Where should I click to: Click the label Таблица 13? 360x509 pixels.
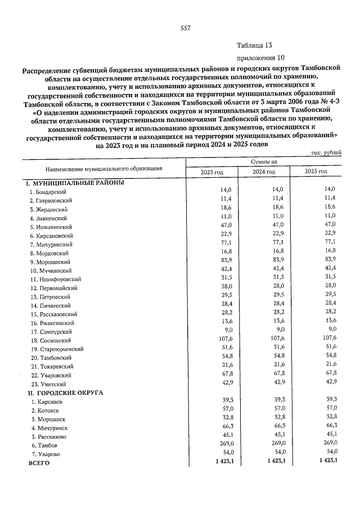click(254, 46)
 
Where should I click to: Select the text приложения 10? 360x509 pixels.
click(259, 58)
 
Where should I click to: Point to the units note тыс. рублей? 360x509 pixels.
click(325, 153)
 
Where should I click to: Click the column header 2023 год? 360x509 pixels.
click(212, 172)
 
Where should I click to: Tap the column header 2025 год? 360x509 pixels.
click(316, 172)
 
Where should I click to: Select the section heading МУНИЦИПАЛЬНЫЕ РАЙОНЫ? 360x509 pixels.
click(78, 183)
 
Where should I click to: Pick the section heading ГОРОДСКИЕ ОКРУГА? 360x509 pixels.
click(70, 393)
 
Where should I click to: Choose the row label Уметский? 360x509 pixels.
click(47, 383)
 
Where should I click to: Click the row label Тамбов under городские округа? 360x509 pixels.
click(44, 445)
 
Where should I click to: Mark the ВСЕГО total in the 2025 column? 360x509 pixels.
click(327, 462)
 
